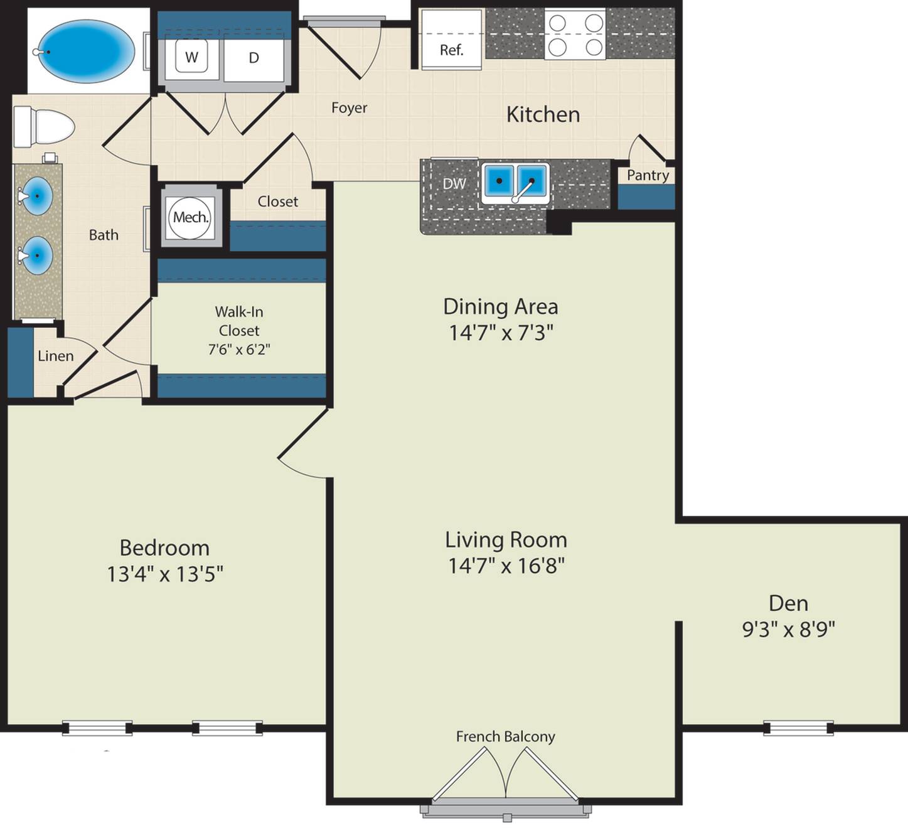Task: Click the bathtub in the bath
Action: click(x=86, y=51)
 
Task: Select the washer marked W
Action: click(x=191, y=56)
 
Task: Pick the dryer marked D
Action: click(x=254, y=58)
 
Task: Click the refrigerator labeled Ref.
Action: click(x=451, y=40)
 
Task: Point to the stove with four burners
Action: click(x=575, y=35)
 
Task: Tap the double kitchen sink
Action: click(x=515, y=183)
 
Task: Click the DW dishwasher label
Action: click(x=454, y=183)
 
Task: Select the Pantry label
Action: click(x=648, y=175)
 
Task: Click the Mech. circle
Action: click(x=191, y=218)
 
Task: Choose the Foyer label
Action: click(x=349, y=108)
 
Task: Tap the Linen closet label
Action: click(x=56, y=356)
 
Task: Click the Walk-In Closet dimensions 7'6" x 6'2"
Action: click(x=239, y=350)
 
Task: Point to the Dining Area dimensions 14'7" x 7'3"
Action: click(x=501, y=333)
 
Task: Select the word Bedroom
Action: click(x=164, y=548)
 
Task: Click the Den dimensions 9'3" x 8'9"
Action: click(x=789, y=629)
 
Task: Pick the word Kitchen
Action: click(x=543, y=115)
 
